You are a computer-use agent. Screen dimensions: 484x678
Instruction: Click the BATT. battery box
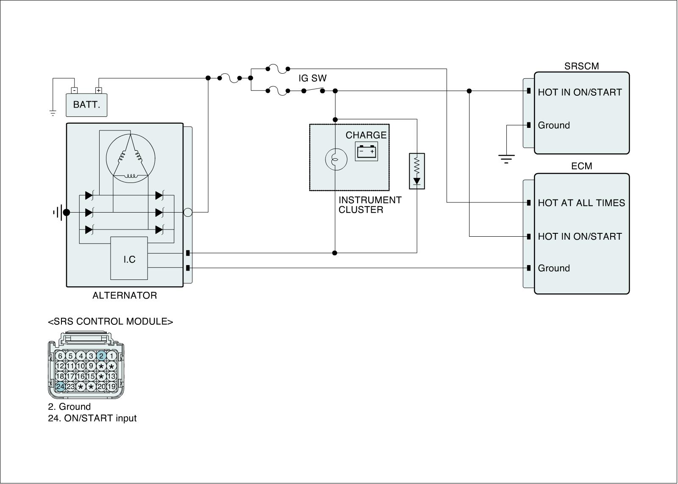tap(86, 105)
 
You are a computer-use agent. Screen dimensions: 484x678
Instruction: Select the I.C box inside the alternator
tap(129, 258)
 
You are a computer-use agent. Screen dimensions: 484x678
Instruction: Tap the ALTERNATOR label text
tap(125, 296)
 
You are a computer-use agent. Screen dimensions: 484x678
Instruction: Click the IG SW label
tap(313, 78)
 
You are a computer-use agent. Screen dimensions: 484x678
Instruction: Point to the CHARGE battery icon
tap(367, 151)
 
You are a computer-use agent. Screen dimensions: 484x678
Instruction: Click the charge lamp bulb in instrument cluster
tap(336, 159)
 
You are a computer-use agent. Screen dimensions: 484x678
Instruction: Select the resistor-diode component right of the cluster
tap(417, 171)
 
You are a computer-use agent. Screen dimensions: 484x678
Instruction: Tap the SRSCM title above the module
tap(581, 66)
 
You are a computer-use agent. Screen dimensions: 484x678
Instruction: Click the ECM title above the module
tap(581, 166)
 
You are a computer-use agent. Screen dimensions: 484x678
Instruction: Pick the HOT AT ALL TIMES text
tap(581, 203)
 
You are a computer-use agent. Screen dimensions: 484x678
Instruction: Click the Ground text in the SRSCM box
tap(554, 125)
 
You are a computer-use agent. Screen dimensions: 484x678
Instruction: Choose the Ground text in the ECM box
tap(554, 268)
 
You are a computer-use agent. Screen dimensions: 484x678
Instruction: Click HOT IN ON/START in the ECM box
tap(580, 236)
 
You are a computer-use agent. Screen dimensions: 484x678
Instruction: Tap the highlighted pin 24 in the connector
tap(60, 386)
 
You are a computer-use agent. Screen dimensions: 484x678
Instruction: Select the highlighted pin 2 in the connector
tap(101, 356)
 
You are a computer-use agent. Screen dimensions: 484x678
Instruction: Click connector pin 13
tap(111, 376)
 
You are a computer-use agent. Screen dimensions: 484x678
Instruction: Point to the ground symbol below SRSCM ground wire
tap(506, 159)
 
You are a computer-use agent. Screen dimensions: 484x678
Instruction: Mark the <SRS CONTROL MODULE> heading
tap(111, 322)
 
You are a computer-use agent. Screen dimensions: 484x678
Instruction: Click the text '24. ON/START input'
tap(92, 418)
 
